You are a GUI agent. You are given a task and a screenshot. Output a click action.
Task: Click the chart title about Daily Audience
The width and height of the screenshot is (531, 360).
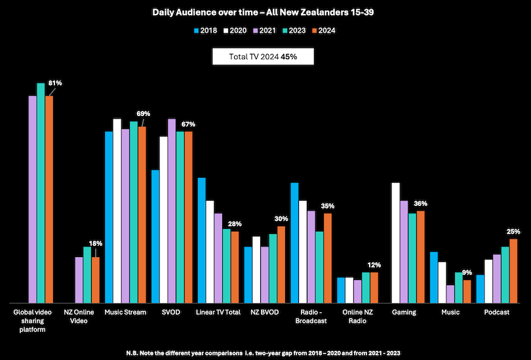[265, 12]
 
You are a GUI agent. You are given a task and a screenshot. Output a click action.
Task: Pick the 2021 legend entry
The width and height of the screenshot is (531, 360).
[265, 30]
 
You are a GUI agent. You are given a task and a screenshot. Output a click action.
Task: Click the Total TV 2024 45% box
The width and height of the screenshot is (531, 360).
[263, 57]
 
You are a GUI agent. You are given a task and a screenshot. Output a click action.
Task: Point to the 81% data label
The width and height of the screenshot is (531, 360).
[55, 83]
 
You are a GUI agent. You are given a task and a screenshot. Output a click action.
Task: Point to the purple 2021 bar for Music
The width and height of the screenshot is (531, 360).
[450, 293]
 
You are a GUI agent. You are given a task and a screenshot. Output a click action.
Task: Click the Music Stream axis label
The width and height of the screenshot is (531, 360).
[125, 312]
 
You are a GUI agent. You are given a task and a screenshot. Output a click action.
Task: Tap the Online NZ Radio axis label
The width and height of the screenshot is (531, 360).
[357, 316]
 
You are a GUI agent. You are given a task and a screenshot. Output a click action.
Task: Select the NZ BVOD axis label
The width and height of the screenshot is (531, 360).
[264, 312]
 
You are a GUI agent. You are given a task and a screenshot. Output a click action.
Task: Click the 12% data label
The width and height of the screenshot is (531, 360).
[374, 265]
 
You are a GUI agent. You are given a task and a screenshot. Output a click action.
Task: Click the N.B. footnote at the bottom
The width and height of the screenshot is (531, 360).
[265, 353]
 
